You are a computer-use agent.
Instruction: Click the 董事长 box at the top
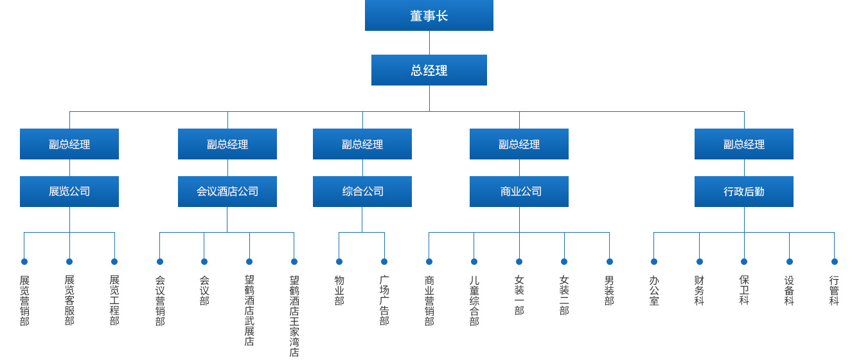click(x=429, y=15)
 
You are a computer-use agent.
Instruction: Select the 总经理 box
click(x=429, y=70)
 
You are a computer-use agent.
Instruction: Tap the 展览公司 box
click(x=69, y=192)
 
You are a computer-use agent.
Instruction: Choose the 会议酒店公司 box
click(x=227, y=192)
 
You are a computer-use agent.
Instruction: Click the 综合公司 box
click(x=362, y=192)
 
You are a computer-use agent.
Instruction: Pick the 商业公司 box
click(x=519, y=192)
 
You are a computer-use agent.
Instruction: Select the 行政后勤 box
click(x=744, y=192)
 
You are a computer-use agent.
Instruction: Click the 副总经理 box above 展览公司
click(x=69, y=144)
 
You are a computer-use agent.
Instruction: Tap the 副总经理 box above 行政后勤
click(x=744, y=144)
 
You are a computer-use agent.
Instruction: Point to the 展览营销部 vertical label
click(x=24, y=301)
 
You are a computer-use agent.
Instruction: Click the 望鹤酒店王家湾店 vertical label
click(x=294, y=316)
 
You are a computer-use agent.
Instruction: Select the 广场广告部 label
click(x=384, y=301)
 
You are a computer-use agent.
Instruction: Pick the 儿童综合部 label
click(x=474, y=301)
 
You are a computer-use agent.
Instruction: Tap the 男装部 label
click(x=609, y=291)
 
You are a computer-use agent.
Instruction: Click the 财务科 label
click(x=699, y=291)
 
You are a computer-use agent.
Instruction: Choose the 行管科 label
click(x=834, y=291)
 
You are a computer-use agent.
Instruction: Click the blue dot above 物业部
click(x=339, y=262)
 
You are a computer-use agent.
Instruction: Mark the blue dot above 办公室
click(x=654, y=262)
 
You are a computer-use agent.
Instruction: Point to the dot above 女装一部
click(x=519, y=262)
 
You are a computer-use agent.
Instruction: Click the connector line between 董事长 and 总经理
click(x=429, y=42)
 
